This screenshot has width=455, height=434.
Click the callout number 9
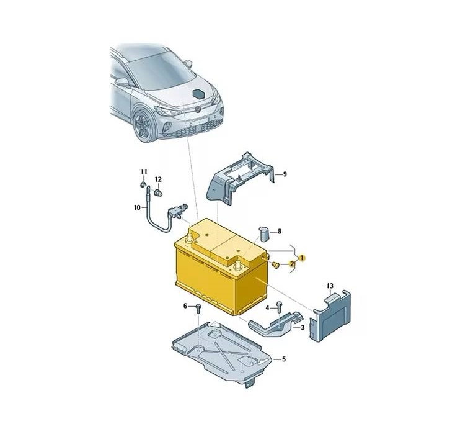tap(285, 174)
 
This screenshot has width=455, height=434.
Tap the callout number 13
tap(330, 286)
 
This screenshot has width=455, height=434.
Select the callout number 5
tap(284, 359)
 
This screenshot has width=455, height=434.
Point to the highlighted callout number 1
tap(302, 258)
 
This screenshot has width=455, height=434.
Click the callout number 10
tap(137, 207)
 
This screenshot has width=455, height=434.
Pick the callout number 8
tap(280, 232)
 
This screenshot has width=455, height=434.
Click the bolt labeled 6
tap(198, 308)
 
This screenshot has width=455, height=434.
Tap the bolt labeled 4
tap(280, 306)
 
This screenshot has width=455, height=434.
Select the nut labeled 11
tap(143, 184)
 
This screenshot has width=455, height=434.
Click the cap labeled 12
tap(158, 192)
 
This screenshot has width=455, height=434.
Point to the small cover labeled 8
tap(264, 233)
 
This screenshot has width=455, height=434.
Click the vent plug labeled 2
tap(275, 265)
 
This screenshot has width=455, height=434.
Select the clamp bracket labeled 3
tap(276, 325)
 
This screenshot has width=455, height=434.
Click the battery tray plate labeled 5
tap(222, 353)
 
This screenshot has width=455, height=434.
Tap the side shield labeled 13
tap(330, 316)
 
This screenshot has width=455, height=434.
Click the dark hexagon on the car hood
tap(200, 94)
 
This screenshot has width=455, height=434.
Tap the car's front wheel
tap(144, 125)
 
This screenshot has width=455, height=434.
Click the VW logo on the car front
tap(198, 110)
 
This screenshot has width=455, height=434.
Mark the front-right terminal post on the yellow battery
tap(238, 265)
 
